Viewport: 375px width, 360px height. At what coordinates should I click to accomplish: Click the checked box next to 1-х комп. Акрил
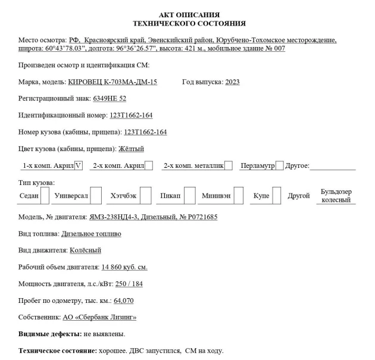(x=79, y=165)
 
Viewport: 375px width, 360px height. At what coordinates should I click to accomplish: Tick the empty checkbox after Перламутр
(x=279, y=165)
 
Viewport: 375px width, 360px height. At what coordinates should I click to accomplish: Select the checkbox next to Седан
(x=44, y=195)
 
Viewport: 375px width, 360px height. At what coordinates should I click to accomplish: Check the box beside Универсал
(x=97, y=195)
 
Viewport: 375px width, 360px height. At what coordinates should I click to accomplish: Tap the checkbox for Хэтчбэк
(x=146, y=195)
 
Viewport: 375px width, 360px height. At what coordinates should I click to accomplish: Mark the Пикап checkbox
(x=189, y=195)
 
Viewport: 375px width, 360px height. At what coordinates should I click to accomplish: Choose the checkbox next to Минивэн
(x=238, y=195)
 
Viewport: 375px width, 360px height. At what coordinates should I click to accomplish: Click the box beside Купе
(x=277, y=195)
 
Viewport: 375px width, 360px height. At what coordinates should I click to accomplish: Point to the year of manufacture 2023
(x=232, y=82)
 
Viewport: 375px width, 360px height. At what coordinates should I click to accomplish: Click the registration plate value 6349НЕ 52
(x=110, y=98)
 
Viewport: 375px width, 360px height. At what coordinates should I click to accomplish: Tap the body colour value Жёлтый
(x=131, y=149)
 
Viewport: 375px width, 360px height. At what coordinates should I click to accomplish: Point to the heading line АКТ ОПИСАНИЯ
(x=189, y=14)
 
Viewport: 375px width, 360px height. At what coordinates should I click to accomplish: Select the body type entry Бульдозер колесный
(x=336, y=196)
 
